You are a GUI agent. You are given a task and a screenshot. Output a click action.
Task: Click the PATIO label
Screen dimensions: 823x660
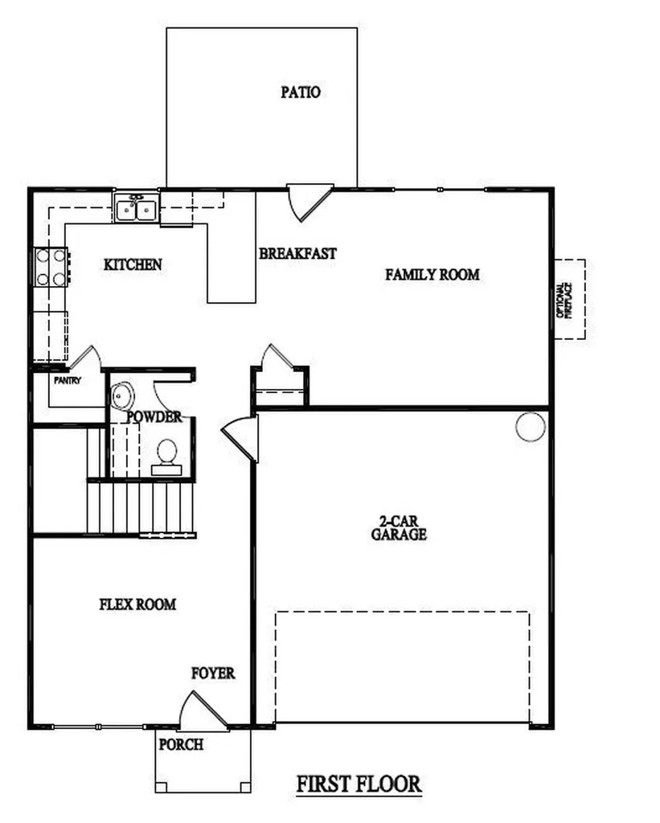pos(301,92)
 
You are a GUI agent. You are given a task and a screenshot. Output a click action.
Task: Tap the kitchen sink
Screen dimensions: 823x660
pos(135,209)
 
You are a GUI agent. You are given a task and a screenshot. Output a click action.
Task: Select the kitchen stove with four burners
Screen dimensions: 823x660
pos(50,268)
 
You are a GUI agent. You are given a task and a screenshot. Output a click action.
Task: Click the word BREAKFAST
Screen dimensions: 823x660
pos(297,253)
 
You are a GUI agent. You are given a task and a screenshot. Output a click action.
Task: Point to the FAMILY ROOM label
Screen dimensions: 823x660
pos(432,275)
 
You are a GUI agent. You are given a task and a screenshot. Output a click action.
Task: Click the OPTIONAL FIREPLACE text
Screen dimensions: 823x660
pos(564,300)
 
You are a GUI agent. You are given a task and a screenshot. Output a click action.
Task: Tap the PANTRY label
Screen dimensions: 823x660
pos(68,381)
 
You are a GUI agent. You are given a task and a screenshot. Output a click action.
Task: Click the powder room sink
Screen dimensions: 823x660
pos(121,395)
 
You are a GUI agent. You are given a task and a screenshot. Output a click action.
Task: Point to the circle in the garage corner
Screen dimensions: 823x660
pos(531,426)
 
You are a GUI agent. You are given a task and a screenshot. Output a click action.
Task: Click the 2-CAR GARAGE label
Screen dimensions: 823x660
pos(399,528)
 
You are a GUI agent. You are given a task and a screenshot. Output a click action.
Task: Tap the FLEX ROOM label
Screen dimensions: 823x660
pos(137,604)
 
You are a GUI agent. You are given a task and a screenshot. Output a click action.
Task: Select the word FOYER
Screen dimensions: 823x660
pos(213,673)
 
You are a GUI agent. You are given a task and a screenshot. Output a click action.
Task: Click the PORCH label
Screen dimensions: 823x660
pos(181,744)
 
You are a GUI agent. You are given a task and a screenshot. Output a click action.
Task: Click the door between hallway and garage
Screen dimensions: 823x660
pos(241,438)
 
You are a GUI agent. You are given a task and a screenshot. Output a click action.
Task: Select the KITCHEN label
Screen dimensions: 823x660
pos(133,264)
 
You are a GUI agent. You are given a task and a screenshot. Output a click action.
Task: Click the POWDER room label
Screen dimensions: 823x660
pos(154,417)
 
